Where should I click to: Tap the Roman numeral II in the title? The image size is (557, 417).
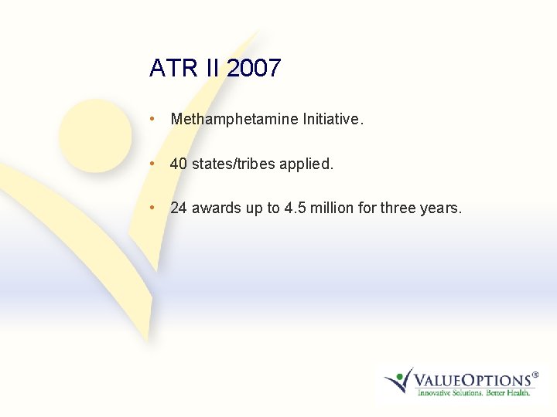[x=211, y=68]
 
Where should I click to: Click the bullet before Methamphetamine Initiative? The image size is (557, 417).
[x=155, y=120]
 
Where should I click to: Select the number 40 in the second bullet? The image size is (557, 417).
[x=179, y=164]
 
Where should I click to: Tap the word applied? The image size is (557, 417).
[x=309, y=164]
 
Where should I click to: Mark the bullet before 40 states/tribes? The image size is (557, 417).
[x=155, y=164]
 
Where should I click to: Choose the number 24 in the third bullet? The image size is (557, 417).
[x=179, y=208]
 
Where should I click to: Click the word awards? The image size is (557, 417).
[x=217, y=208]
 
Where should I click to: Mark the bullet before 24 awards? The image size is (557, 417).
[x=155, y=208]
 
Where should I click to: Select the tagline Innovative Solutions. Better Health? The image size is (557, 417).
[x=473, y=393]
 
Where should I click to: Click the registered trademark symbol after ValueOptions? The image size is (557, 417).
[x=535, y=374]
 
